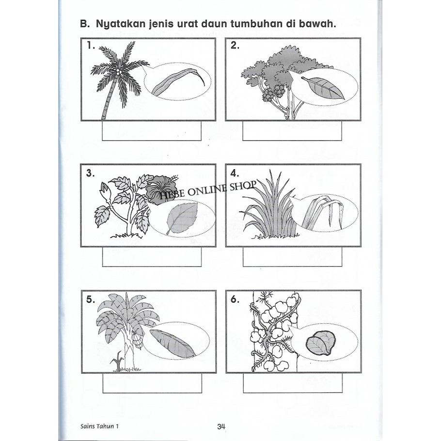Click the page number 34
click(221, 426)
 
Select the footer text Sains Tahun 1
click(99, 426)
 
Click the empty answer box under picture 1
click(152, 130)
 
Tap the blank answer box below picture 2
click(292, 130)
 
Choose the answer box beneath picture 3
click(152, 256)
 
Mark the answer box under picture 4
click(293, 256)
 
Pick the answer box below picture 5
click(152, 383)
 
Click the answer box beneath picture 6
click(293, 383)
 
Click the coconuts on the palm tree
click(120, 71)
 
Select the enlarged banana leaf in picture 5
click(172, 344)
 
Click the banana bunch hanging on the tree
click(137, 340)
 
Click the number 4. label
click(234, 173)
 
